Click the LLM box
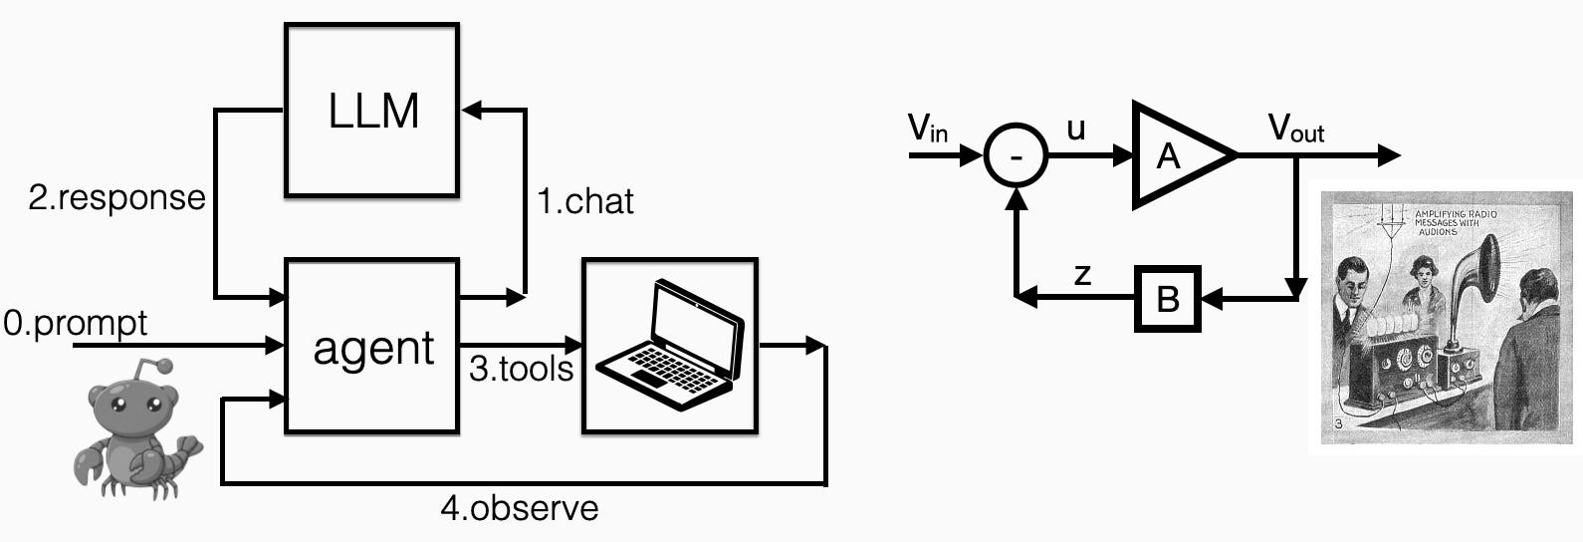point(371,110)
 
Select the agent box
point(371,346)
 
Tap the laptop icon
point(670,345)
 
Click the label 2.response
point(116,197)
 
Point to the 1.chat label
point(585,201)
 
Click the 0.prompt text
point(76,323)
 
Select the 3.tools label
point(521,369)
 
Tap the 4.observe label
point(520,508)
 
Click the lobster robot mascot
point(135,428)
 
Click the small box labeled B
point(1168,297)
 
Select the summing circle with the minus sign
point(1016,156)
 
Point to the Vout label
point(1295,129)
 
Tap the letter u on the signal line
point(1075,129)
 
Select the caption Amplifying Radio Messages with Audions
point(1455,223)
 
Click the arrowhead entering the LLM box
point(469,110)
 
